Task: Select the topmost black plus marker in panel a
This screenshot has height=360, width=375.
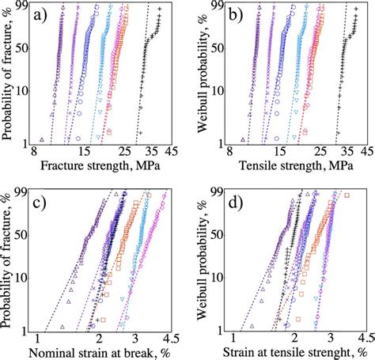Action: pos(160,9)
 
